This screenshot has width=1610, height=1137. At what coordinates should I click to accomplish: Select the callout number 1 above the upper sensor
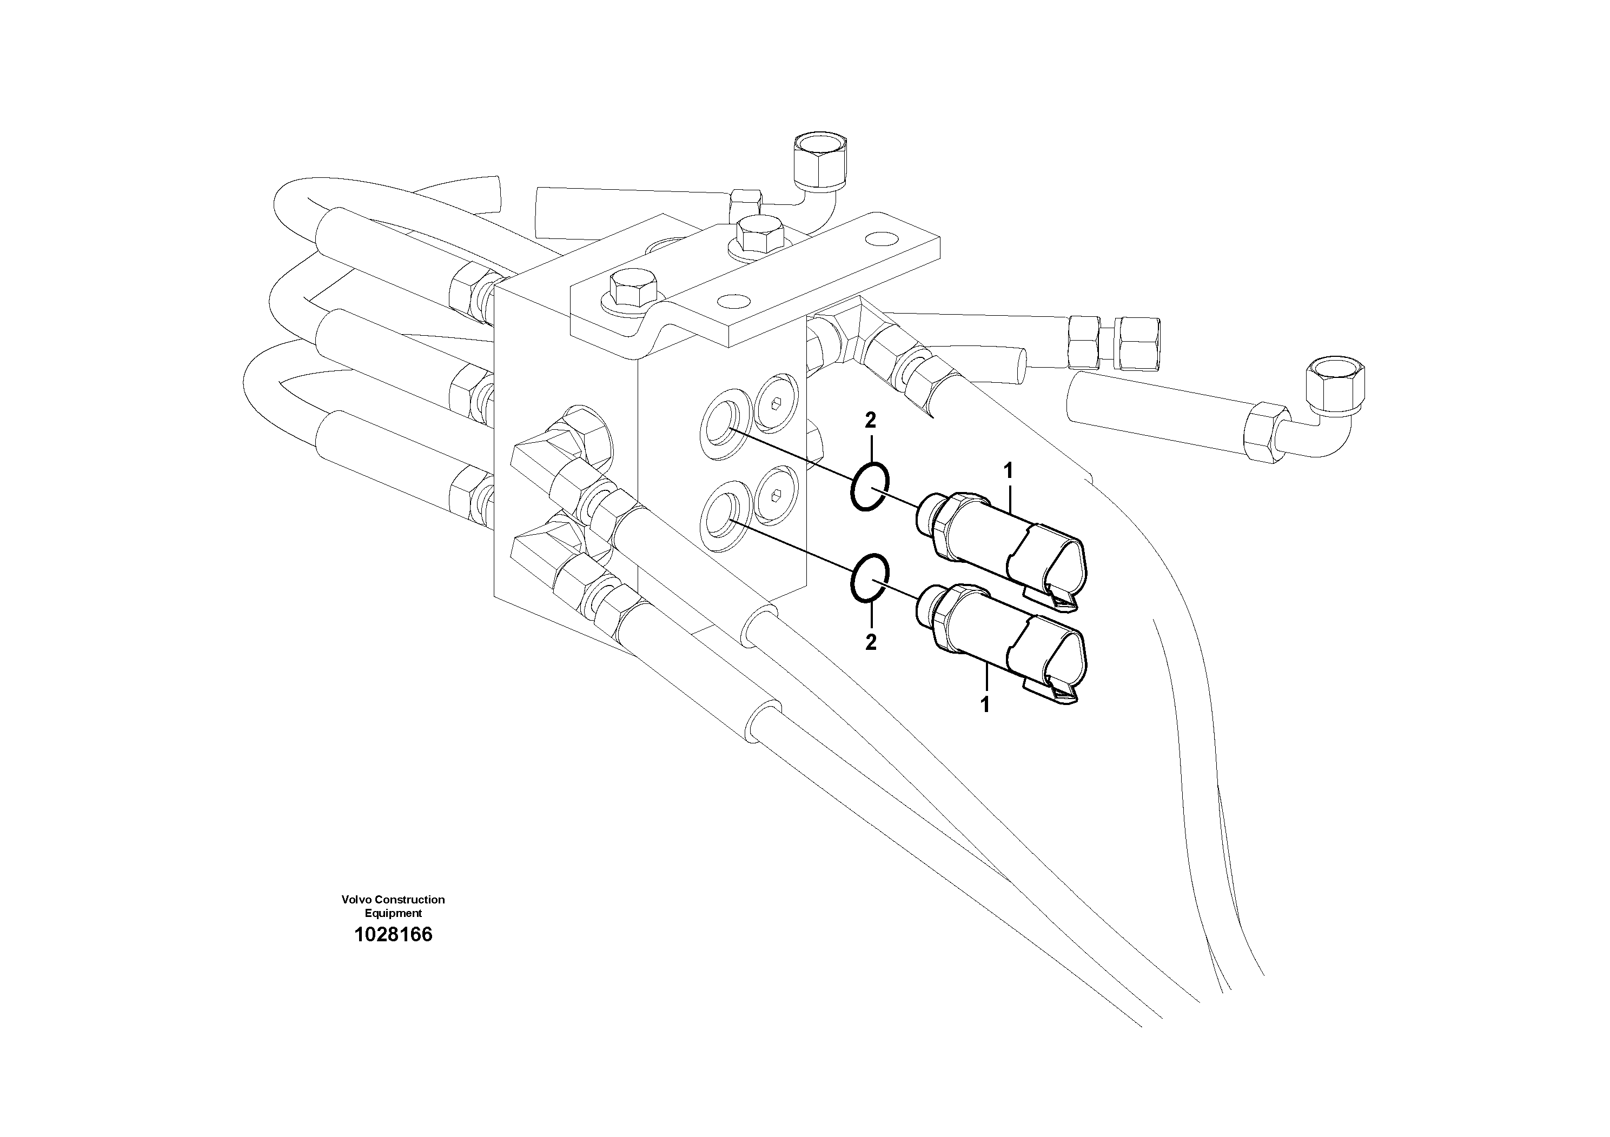pos(1009,471)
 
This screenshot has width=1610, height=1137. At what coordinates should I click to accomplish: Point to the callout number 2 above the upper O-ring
pos(870,421)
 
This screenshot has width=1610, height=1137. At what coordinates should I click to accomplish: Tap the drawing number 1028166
pos(393,934)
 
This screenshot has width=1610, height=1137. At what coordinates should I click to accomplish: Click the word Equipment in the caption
pos(393,913)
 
